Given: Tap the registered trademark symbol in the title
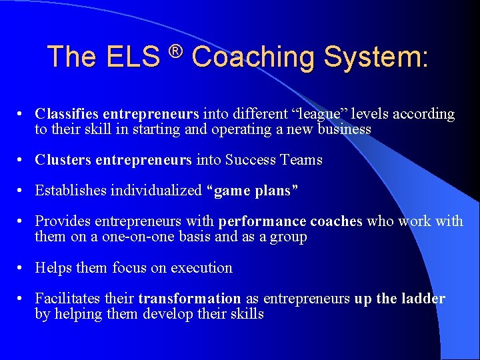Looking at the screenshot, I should point(175,51).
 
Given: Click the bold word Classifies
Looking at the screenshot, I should point(67,114).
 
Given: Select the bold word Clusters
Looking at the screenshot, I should point(63,160).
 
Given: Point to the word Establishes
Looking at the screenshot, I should point(71,191).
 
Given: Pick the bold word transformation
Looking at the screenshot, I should point(189,299).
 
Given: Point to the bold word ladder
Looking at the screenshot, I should point(423,299).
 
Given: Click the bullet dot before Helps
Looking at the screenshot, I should point(22,268).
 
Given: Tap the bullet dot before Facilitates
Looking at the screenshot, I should point(22,299).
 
